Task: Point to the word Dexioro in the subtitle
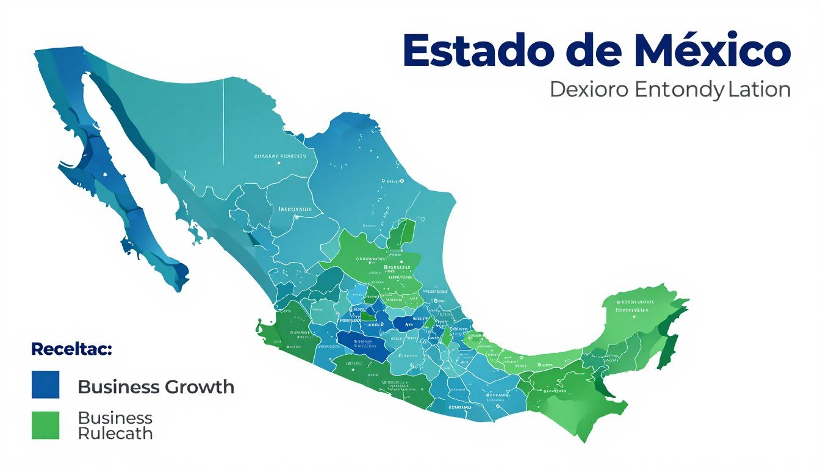coord(589,90)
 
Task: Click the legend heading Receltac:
coord(71,350)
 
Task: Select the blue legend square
coord(46,385)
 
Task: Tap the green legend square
coord(46,425)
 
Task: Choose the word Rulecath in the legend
coord(115,434)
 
